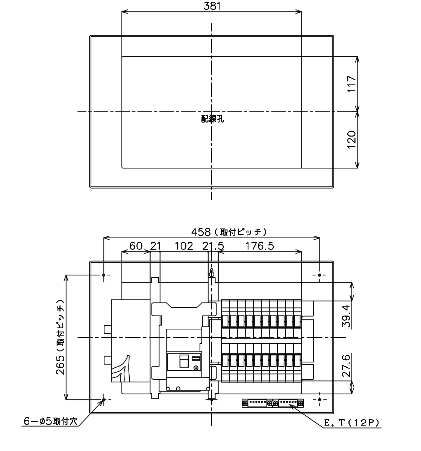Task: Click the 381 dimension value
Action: (212, 6)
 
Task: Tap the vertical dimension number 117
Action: (351, 84)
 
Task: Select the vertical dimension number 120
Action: (351, 140)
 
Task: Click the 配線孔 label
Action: (212, 119)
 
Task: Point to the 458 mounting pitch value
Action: (201, 232)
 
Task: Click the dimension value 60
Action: (136, 246)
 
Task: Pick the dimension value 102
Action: (184, 246)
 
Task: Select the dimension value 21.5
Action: (213, 246)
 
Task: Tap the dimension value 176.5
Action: (260, 246)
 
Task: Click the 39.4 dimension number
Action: (346, 316)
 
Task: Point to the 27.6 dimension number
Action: (346, 366)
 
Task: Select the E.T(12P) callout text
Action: (352, 423)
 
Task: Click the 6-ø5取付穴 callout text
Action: (50, 421)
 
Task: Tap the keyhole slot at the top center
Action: (212, 273)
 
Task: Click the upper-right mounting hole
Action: (320, 275)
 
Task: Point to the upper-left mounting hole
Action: (104, 275)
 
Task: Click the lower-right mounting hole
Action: (320, 400)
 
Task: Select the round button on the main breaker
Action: (196, 368)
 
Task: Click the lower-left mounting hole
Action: (104, 400)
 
